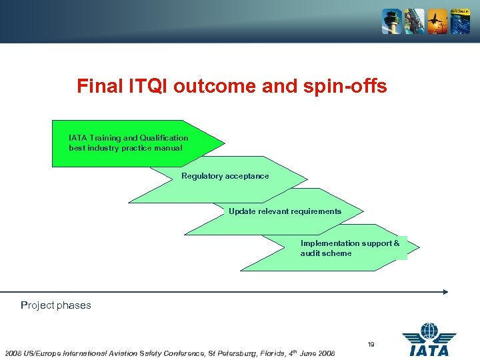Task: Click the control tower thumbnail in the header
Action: coord(391,21)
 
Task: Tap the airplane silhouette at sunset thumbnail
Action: coord(437,21)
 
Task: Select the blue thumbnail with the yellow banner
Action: coord(459,21)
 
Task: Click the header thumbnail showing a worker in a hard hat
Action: coord(414,21)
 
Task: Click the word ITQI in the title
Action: coord(149,87)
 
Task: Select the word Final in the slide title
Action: coord(99,87)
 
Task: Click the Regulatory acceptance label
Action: coord(225,176)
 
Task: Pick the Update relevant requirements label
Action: coord(285,211)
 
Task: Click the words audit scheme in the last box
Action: coord(325,253)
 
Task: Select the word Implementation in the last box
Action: coord(328,243)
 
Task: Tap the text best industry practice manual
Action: coord(125,148)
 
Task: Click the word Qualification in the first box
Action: coord(164,138)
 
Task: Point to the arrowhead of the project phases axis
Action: coord(445,291)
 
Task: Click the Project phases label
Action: coord(56,305)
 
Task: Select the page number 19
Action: coord(371,344)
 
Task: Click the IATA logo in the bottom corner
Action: coord(429,339)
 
